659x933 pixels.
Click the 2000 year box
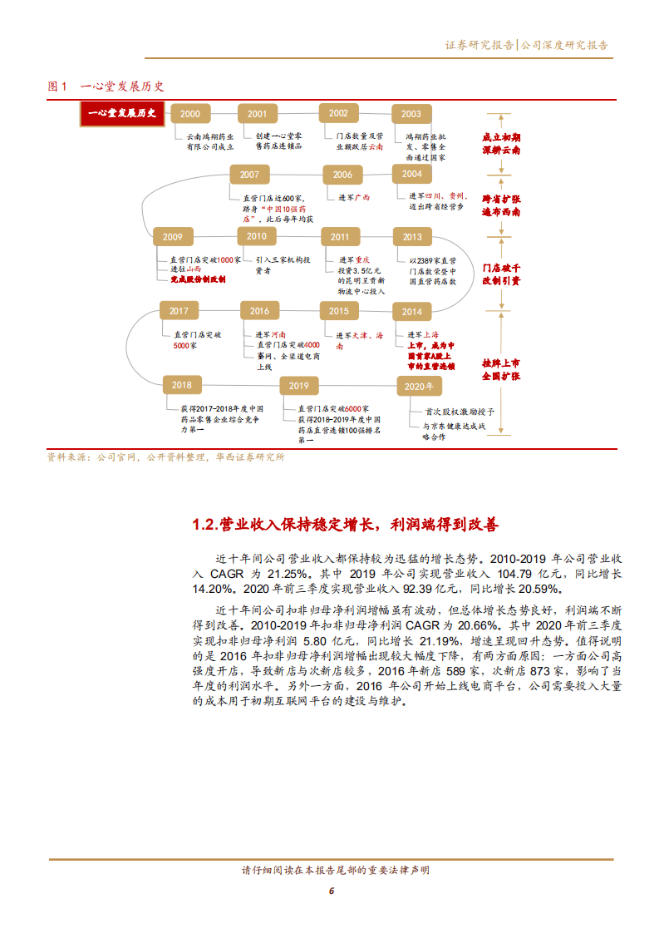189,114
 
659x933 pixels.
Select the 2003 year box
411,114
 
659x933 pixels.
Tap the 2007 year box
249,175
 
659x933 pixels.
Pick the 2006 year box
342,175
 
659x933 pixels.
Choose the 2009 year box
173,236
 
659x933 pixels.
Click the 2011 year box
339,237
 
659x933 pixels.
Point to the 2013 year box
412,237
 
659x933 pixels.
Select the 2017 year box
179,311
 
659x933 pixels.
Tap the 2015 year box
338,311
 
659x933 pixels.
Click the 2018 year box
181,385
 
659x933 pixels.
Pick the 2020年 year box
420,386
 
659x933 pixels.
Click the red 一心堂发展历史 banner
123,114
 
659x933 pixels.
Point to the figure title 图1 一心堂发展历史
106,86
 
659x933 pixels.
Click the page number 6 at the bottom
331,891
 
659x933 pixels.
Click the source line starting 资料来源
166,457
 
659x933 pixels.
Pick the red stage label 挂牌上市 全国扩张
501,370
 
